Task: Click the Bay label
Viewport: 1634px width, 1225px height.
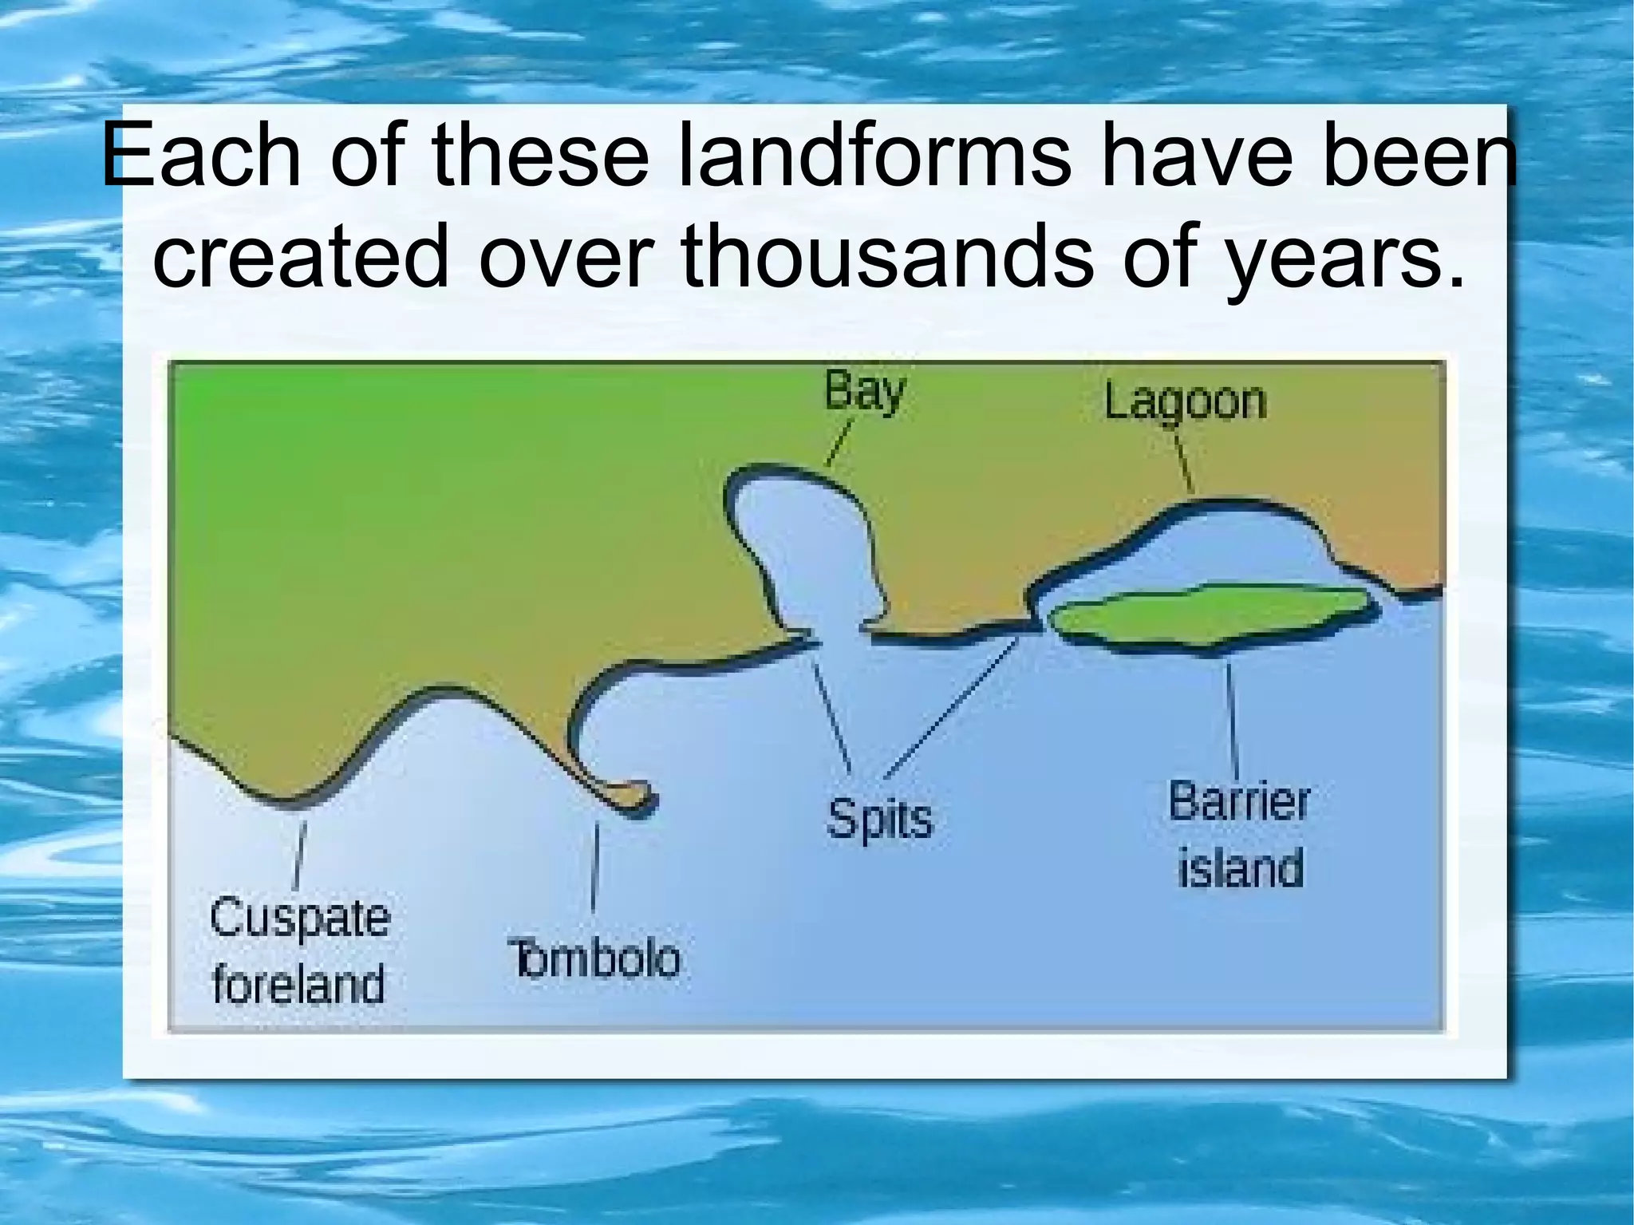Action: point(864,392)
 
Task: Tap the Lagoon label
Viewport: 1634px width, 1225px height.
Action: point(1185,401)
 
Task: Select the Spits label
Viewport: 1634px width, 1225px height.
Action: point(879,819)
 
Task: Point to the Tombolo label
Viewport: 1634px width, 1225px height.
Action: point(594,958)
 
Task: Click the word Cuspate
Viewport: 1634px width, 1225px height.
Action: point(300,918)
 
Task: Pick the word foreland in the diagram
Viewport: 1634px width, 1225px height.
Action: point(298,984)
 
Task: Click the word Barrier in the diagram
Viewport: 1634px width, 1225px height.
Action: point(1239,801)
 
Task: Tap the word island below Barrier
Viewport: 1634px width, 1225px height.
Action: point(1241,867)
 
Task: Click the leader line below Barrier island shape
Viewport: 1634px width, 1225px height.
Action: point(1233,718)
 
